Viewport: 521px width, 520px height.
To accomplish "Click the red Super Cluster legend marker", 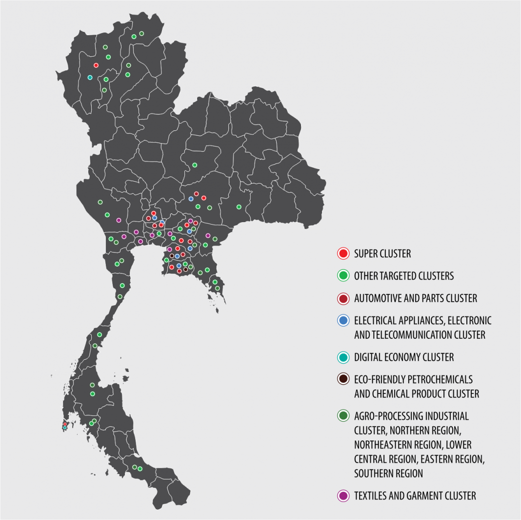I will (343, 253).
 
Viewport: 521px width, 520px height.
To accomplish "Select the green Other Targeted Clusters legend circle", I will (343, 276).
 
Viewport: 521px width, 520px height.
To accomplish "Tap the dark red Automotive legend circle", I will (343, 298).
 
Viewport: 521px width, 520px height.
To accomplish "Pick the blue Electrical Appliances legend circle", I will (343, 321).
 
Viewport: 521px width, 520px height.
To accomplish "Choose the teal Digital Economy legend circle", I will (343, 357).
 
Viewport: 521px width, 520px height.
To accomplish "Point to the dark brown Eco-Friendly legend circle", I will (343, 379).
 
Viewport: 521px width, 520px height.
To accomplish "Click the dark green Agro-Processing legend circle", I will (343, 416).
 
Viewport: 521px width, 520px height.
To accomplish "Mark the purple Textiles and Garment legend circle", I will (343, 496).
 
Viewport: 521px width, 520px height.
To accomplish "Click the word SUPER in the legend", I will (367, 253).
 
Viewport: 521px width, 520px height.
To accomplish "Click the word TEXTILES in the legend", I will (371, 496).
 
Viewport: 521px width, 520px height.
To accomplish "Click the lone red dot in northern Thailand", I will (96, 65).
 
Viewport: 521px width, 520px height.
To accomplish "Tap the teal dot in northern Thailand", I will (90, 77).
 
